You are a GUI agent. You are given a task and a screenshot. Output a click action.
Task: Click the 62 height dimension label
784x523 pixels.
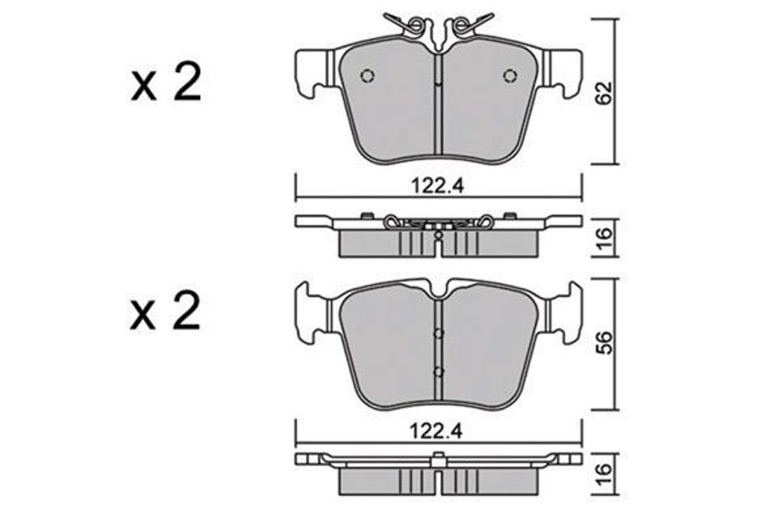point(605,92)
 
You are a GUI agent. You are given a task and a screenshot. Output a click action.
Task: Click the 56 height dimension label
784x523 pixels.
point(605,342)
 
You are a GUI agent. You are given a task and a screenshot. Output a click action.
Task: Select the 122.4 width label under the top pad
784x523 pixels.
point(438,186)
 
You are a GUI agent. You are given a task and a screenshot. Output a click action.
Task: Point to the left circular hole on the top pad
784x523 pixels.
point(367,76)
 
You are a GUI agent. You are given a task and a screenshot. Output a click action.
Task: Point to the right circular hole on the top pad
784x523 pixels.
point(510,76)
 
